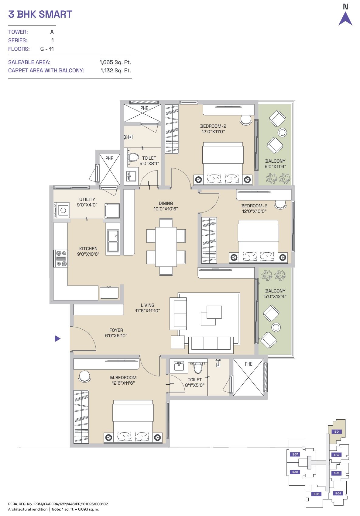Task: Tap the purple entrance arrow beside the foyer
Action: (57, 339)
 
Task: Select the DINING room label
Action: (166, 203)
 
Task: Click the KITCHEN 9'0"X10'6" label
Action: (88, 251)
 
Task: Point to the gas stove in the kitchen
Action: (61, 258)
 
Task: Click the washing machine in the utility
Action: (62, 210)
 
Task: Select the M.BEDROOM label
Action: (123, 378)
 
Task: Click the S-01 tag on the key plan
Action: (337, 431)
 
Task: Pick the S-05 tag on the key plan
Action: (317, 494)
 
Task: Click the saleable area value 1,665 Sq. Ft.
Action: (115, 62)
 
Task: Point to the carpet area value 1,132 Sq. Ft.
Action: (115, 71)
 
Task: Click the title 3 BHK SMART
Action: (40, 14)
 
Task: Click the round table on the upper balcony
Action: (282, 133)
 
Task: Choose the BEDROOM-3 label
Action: (254, 206)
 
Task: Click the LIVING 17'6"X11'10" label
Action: (148, 308)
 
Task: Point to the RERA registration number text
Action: (58, 504)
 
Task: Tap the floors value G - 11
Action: (47, 49)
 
